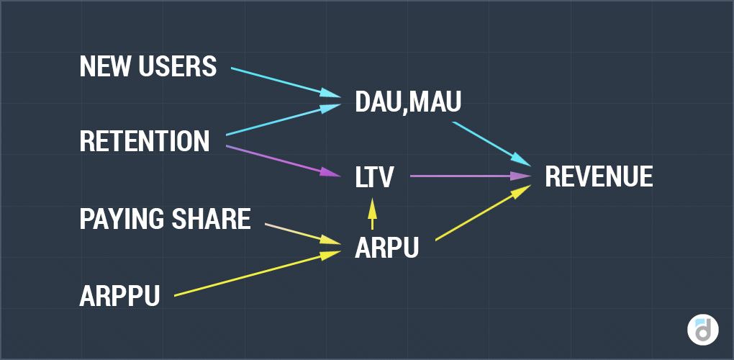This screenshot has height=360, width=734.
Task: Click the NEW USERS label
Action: (148, 67)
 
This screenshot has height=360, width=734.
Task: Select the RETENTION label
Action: (144, 141)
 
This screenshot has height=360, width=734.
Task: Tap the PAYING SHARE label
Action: (165, 218)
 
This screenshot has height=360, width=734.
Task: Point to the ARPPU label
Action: (119, 295)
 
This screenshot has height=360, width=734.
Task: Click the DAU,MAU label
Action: (408, 103)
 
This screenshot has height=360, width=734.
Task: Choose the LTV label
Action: (374, 176)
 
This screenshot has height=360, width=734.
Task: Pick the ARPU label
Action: (386, 248)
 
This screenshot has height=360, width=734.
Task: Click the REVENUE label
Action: (599, 176)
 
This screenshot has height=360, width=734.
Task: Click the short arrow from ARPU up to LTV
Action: (372, 213)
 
